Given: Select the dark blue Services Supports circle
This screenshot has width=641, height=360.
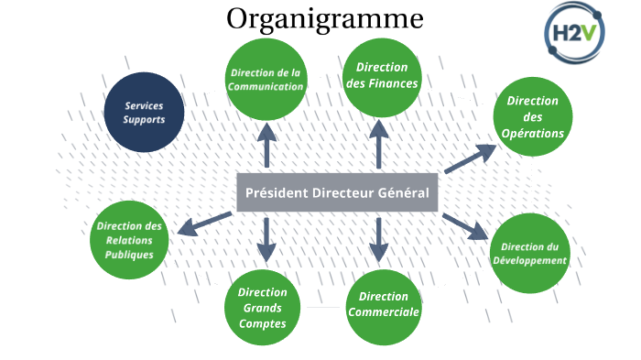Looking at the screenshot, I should pyautogui.click(x=144, y=113).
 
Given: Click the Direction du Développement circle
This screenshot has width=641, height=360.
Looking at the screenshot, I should pyautogui.click(x=529, y=254).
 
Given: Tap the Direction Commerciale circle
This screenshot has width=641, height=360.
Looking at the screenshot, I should pyautogui.click(x=384, y=304).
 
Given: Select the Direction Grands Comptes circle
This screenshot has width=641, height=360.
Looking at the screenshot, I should pyautogui.click(x=263, y=309).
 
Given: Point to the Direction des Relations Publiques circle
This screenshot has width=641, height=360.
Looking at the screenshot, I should pyautogui.click(x=129, y=239).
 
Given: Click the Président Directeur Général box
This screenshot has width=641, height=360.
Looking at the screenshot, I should pyautogui.click(x=338, y=193).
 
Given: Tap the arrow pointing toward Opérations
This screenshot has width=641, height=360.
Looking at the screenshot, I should pyautogui.click(x=468, y=158).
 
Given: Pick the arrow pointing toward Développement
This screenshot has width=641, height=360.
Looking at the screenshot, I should pyautogui.click(x=465, y=226).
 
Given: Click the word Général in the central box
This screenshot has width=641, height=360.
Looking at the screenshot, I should pyautogui.click(x=405, y=193).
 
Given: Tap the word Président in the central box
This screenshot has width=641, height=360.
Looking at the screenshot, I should pyautogui.click(x=277, y=193).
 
